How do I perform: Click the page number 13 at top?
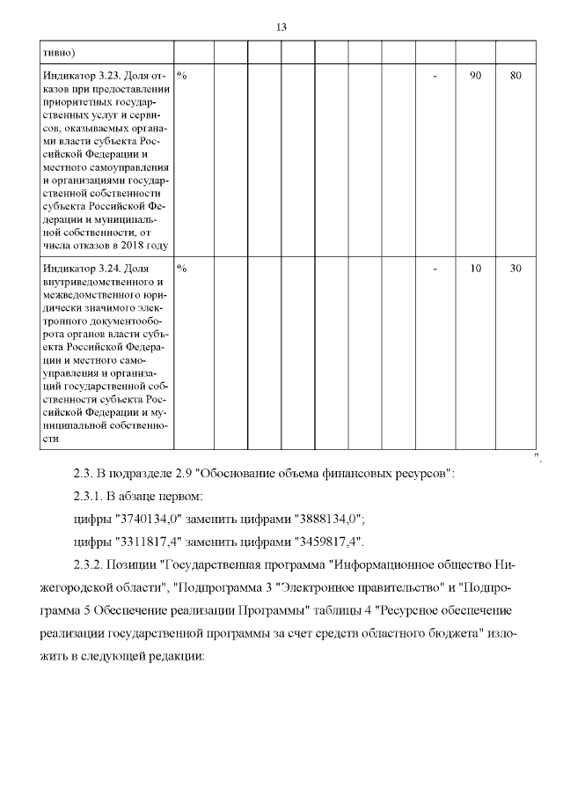tap(281, 26)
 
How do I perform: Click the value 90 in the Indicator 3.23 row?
tap(475, 76)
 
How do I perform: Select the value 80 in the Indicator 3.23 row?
tap(516, 76)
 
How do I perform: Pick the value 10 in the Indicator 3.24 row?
tap(475, 269)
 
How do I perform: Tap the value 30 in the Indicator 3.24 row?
tap(516, 269)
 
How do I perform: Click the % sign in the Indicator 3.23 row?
tap(181, 76)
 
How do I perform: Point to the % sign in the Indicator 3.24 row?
tap(181, 269)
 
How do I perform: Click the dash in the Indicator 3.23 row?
tap(435, 76)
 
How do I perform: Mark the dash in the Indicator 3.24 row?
tap(435, 269)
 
